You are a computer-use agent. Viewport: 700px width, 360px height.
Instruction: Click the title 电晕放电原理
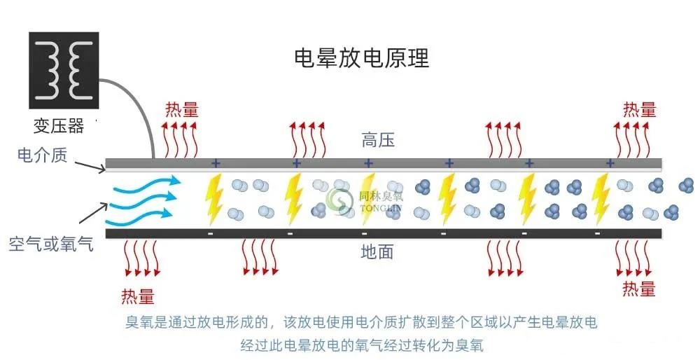(361, 58)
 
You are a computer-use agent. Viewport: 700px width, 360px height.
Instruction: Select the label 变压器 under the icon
(59, 126)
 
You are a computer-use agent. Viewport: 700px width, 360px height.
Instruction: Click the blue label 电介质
(43, 155)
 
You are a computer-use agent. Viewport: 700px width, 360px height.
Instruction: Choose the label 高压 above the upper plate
(378, 140)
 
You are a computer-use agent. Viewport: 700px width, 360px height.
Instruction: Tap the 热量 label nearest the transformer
(182, 109)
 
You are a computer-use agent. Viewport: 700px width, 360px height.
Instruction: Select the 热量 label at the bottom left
(138, 296)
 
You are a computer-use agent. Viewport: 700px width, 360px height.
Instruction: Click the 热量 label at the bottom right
(639, 288)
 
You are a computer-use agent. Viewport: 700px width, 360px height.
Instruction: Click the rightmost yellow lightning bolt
(601, 199)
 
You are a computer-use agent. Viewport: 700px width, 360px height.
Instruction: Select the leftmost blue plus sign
(216, 163)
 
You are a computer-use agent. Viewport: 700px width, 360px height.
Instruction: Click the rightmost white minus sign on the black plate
(597, 233)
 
